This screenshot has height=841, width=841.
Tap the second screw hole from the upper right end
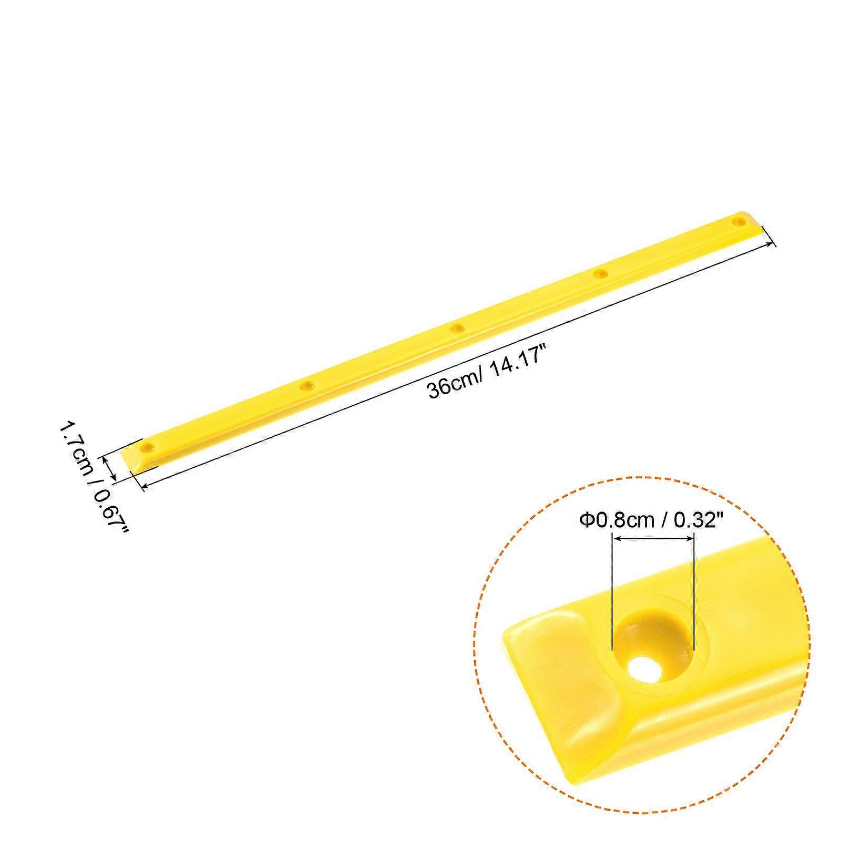[600, 273]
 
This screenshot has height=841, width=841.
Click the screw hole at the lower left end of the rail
[149, 448]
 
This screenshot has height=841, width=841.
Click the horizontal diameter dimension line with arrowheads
[653, 538]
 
